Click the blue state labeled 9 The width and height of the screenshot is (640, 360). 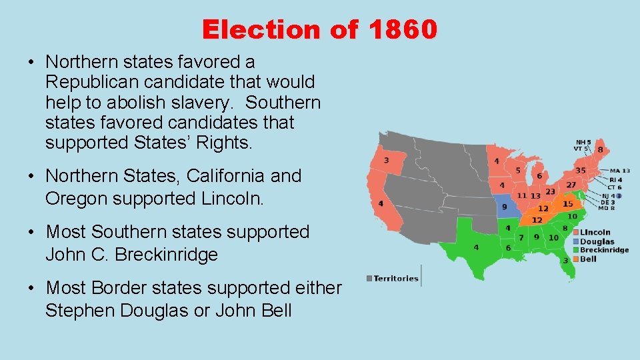(504, 207)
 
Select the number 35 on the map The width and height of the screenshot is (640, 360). (581, 170)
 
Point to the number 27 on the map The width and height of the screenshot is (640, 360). (571, 184)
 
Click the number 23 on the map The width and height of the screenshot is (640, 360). (550, 192)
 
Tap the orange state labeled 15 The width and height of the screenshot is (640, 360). (567, 203)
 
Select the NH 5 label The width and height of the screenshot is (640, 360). (584, 142)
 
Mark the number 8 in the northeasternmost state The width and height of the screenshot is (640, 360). (600, 150)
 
